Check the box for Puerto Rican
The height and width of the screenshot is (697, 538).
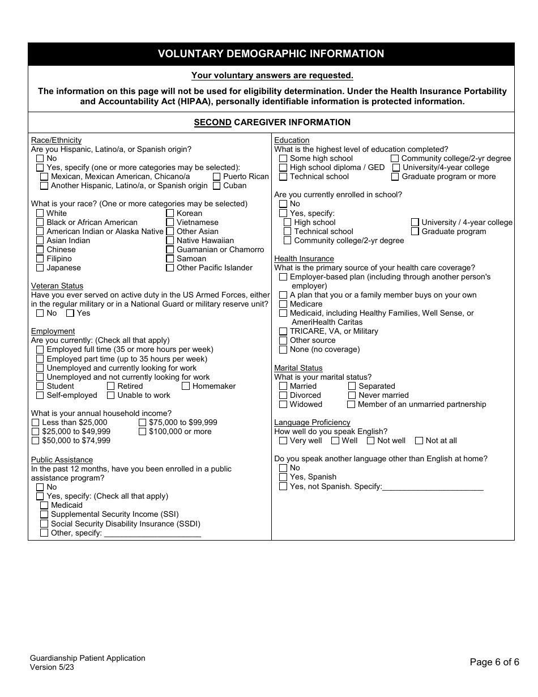(x=217, y=177)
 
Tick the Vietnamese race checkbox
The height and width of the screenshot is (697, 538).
(x=170, y=223)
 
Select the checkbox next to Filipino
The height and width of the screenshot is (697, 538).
(x=40, y=259)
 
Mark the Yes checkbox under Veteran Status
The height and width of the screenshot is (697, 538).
(x=70, y=313)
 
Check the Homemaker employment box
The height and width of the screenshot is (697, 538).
(x=186, y=386)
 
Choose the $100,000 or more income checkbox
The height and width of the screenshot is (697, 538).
(x=142, y=432)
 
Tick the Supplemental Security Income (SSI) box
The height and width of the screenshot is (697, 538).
(x=44, y=515)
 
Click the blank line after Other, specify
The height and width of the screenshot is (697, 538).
(x=152, y=533)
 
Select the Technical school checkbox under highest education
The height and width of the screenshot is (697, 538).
(x=283, y=177)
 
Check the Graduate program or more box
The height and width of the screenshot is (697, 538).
(x=395, y=177)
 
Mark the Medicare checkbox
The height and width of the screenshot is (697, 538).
(x=283, y=304)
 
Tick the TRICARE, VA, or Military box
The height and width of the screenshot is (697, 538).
(x=283, y=331)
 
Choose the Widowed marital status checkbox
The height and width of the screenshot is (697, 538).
(x=283, y=405)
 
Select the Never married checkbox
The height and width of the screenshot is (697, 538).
(x=352, y=396)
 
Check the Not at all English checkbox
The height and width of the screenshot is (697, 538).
(x=419, y=441)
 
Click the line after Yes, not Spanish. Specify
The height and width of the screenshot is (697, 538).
(x=433, y=487)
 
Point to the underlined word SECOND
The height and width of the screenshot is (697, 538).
(x=212, y=122)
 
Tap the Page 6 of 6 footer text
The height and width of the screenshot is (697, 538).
(x=494, y=662)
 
